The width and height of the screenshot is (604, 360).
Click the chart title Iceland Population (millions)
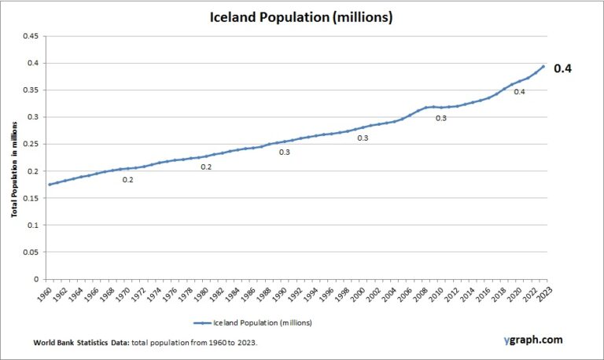coord(301,16)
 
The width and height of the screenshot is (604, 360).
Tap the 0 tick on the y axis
coord(36,279)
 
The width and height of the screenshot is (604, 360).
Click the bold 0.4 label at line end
coord(563,68)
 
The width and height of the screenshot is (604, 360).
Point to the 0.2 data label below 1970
coord(127,180)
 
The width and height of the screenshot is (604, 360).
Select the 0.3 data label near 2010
coord(441,118)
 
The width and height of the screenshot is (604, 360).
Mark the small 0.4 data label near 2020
coord(519,92)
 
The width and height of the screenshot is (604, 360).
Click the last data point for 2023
coord(543,66)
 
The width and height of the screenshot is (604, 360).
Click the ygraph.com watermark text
coord(533,340)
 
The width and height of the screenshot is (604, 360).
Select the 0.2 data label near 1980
coord(206,167)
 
